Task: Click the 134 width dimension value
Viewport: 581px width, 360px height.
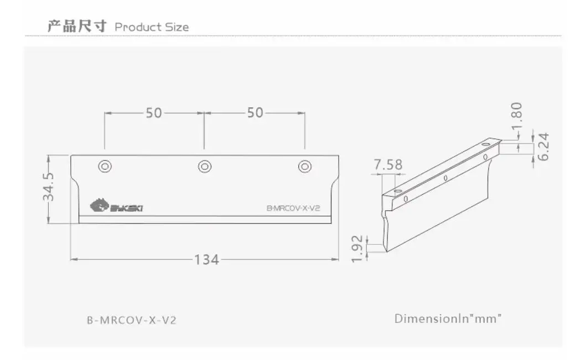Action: click(207, 259)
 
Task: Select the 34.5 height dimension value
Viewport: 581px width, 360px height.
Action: click(49, 187)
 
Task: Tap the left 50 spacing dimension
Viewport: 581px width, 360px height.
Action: click(154, 113)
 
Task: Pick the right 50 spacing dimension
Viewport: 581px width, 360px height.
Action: click(255, 113)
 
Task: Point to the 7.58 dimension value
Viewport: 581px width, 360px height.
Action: click(388, 165)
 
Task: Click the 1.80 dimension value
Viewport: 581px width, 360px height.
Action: click(516, 116)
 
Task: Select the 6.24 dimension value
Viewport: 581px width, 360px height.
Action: click(543, 147)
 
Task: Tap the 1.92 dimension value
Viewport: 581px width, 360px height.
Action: click(357, 248)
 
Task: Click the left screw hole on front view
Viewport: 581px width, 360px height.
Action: click(105, 166)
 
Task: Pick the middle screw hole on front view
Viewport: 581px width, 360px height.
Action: click(205, 166)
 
